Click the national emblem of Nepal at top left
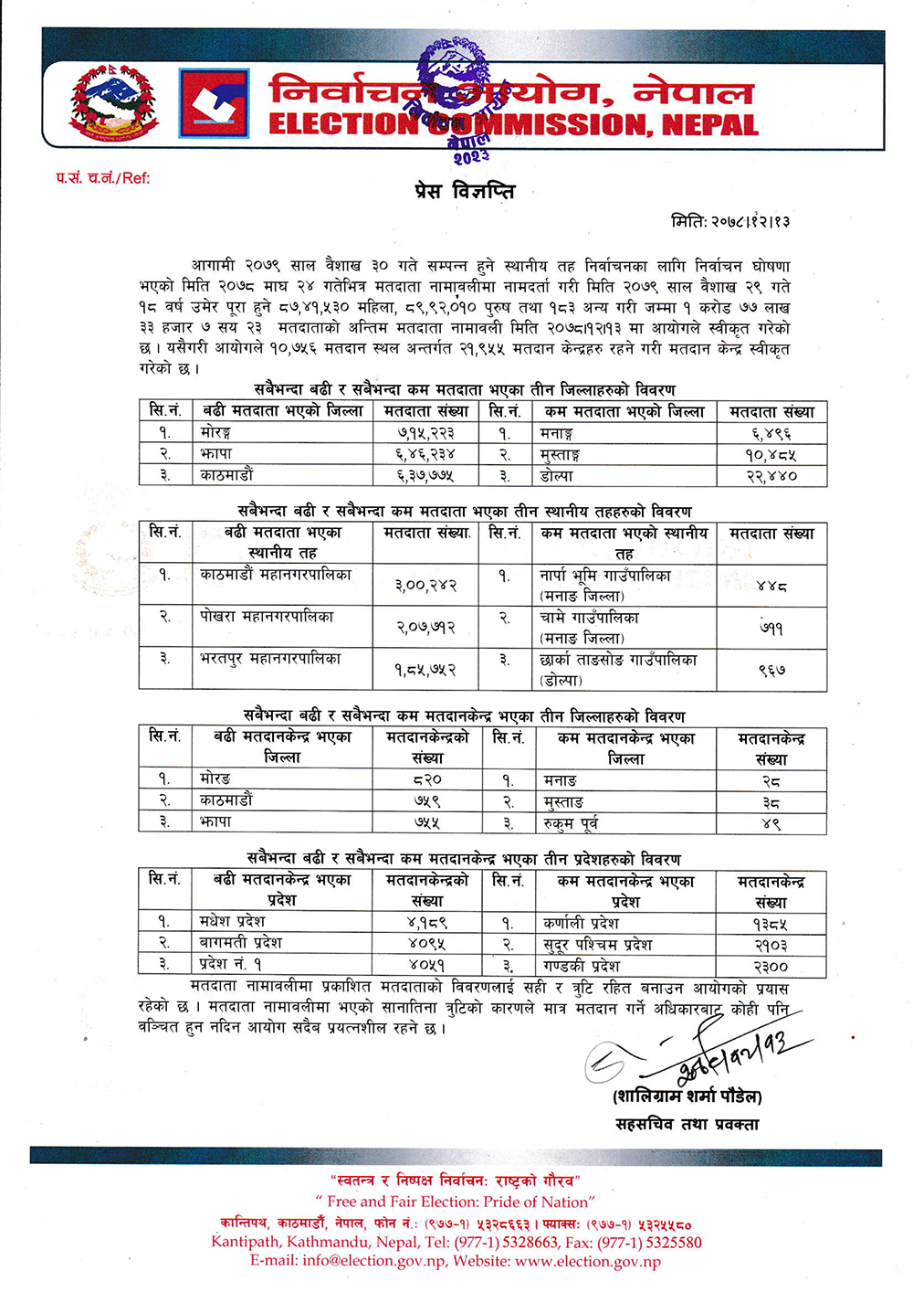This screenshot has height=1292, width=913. pos(113,101)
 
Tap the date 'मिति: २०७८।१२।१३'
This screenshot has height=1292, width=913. pos(730,221)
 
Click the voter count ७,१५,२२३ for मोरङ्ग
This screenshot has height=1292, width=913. pos(425,432)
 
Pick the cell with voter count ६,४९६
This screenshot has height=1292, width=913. pos(771,432)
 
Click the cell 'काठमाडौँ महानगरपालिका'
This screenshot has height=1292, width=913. pos(276,575)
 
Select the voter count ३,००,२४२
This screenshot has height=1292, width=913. pos(425,585)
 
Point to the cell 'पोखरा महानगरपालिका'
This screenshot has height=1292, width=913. pos(267,617)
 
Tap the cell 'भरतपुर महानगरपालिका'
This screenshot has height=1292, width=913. pos(270,659)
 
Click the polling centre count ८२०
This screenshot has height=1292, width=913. pos(426,779)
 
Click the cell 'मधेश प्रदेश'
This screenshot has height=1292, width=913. pos(232,921)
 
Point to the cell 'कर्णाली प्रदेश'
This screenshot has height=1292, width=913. pos(581,923)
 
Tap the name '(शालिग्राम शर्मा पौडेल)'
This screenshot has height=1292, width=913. pos(687,1096)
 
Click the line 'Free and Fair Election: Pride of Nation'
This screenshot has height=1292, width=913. pos(456,1202)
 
